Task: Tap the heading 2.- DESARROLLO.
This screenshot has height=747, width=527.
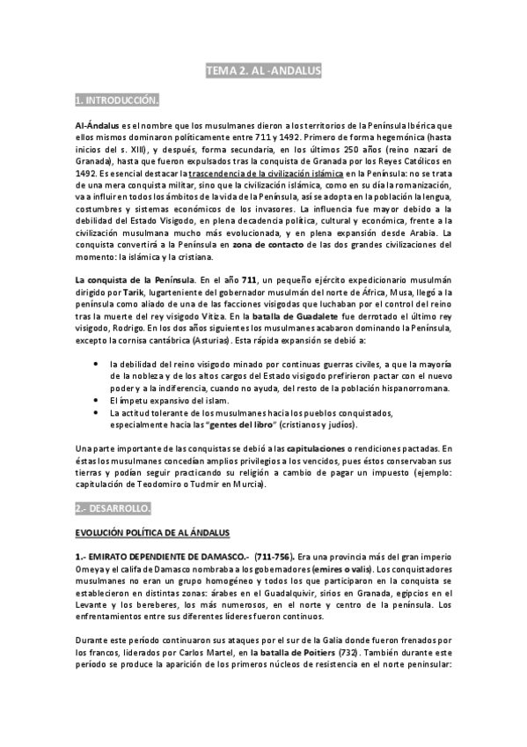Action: click(113, 508)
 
